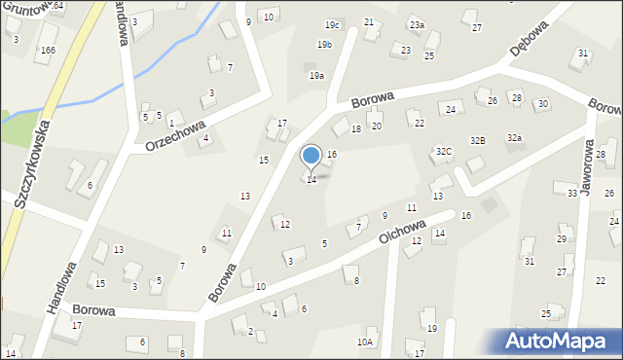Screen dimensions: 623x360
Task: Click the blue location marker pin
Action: tap(311, 157)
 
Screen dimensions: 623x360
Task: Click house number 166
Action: tap(48, 50)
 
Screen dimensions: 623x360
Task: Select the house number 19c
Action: tap(332, 24)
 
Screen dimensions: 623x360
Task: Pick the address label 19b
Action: tap(325, 44)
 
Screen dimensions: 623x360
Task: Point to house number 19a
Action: tap(316, 75)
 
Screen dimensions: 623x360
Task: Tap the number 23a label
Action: tap(417, 24)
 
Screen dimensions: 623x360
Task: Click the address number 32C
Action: tap(444, 151)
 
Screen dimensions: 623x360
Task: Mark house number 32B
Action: tap(477, 140)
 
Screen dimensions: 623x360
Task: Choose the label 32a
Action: tap(514, 138)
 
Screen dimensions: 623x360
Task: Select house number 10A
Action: tap(365, 342)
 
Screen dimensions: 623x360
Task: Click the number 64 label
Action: tap(58, 6)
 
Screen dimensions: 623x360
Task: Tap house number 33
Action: tap(572, 194)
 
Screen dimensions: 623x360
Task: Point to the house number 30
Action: tap(543, 103)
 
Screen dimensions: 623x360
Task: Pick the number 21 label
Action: tap(369, 21)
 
